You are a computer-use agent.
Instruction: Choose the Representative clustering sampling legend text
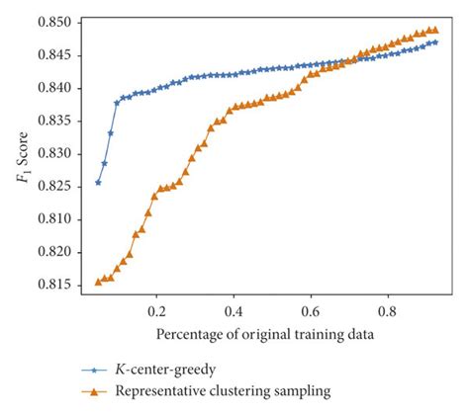[x=224, y=390]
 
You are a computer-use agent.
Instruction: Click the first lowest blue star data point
[x=98, y=182]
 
